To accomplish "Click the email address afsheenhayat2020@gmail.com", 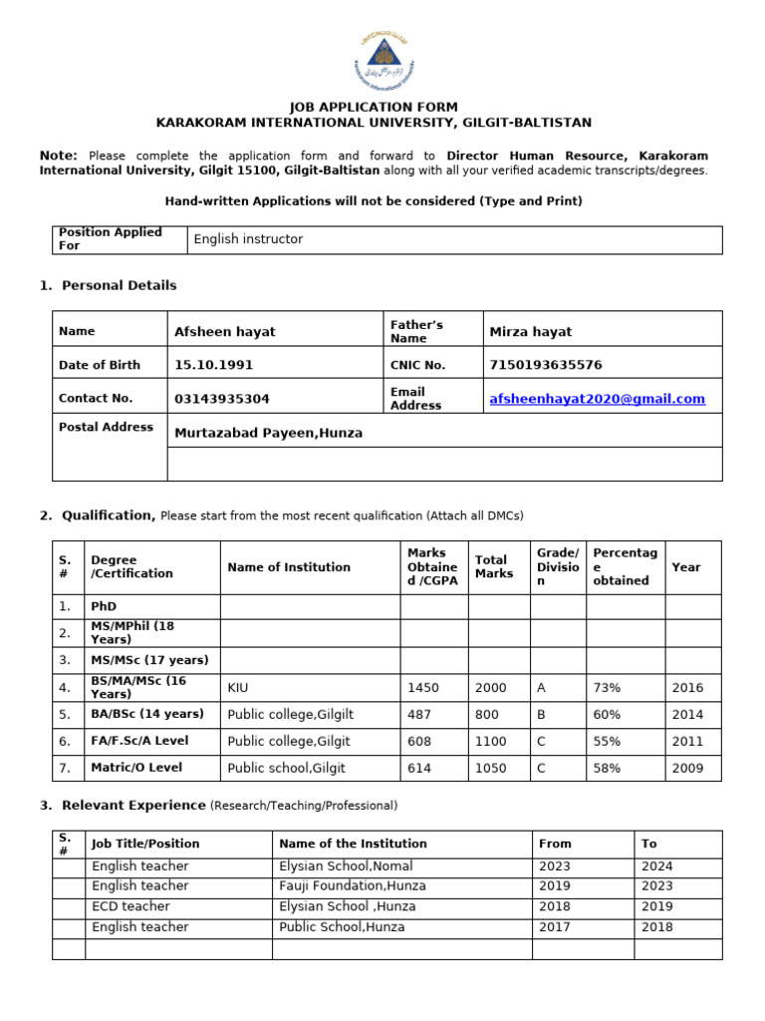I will (597, 399).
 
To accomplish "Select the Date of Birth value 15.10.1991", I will (207, 365).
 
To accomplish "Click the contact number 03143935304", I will (221, 399).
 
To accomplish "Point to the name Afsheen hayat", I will (224, 331).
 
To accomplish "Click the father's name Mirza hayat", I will (530, 331).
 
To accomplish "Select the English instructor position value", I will (248, 239).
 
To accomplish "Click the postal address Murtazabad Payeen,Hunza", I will (268, 433).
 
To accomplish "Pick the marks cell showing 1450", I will (422, 687).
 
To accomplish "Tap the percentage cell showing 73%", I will (607, 687).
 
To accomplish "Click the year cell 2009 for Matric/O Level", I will (687, 768).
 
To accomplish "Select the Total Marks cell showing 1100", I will (491, 741).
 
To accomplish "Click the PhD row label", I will (104, 606).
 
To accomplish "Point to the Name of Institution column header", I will (289, 567).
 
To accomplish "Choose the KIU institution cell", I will (238, 687).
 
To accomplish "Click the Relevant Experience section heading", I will (133, 805).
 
